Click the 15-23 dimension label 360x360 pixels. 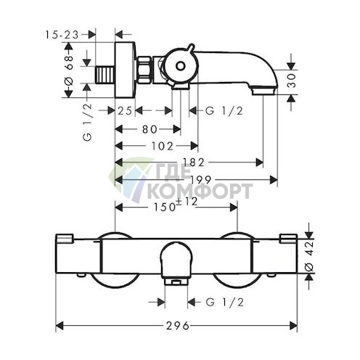(62, 35)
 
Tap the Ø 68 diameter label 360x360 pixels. (69, 70)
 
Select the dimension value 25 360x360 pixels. (125, 111)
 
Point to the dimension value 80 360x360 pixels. (150, 129)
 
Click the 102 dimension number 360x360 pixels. (163, 146)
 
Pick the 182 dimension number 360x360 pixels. (194, 163)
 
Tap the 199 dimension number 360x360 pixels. (201, 179)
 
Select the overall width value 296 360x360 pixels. (178, 326)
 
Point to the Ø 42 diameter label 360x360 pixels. (309, 256)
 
